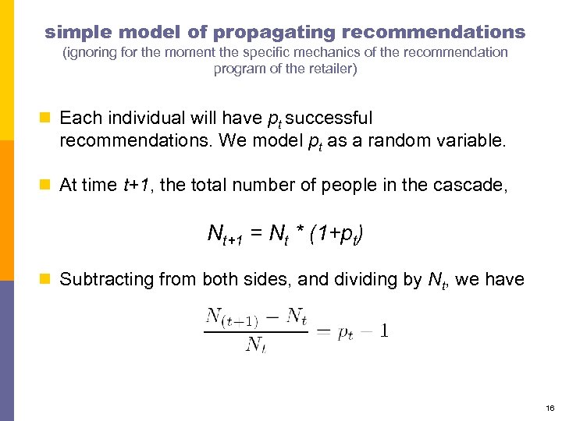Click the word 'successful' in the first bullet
point(329,118)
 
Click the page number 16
point(550,408)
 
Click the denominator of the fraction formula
point(255,344)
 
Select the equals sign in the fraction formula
point(322,331)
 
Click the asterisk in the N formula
point(299,233)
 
